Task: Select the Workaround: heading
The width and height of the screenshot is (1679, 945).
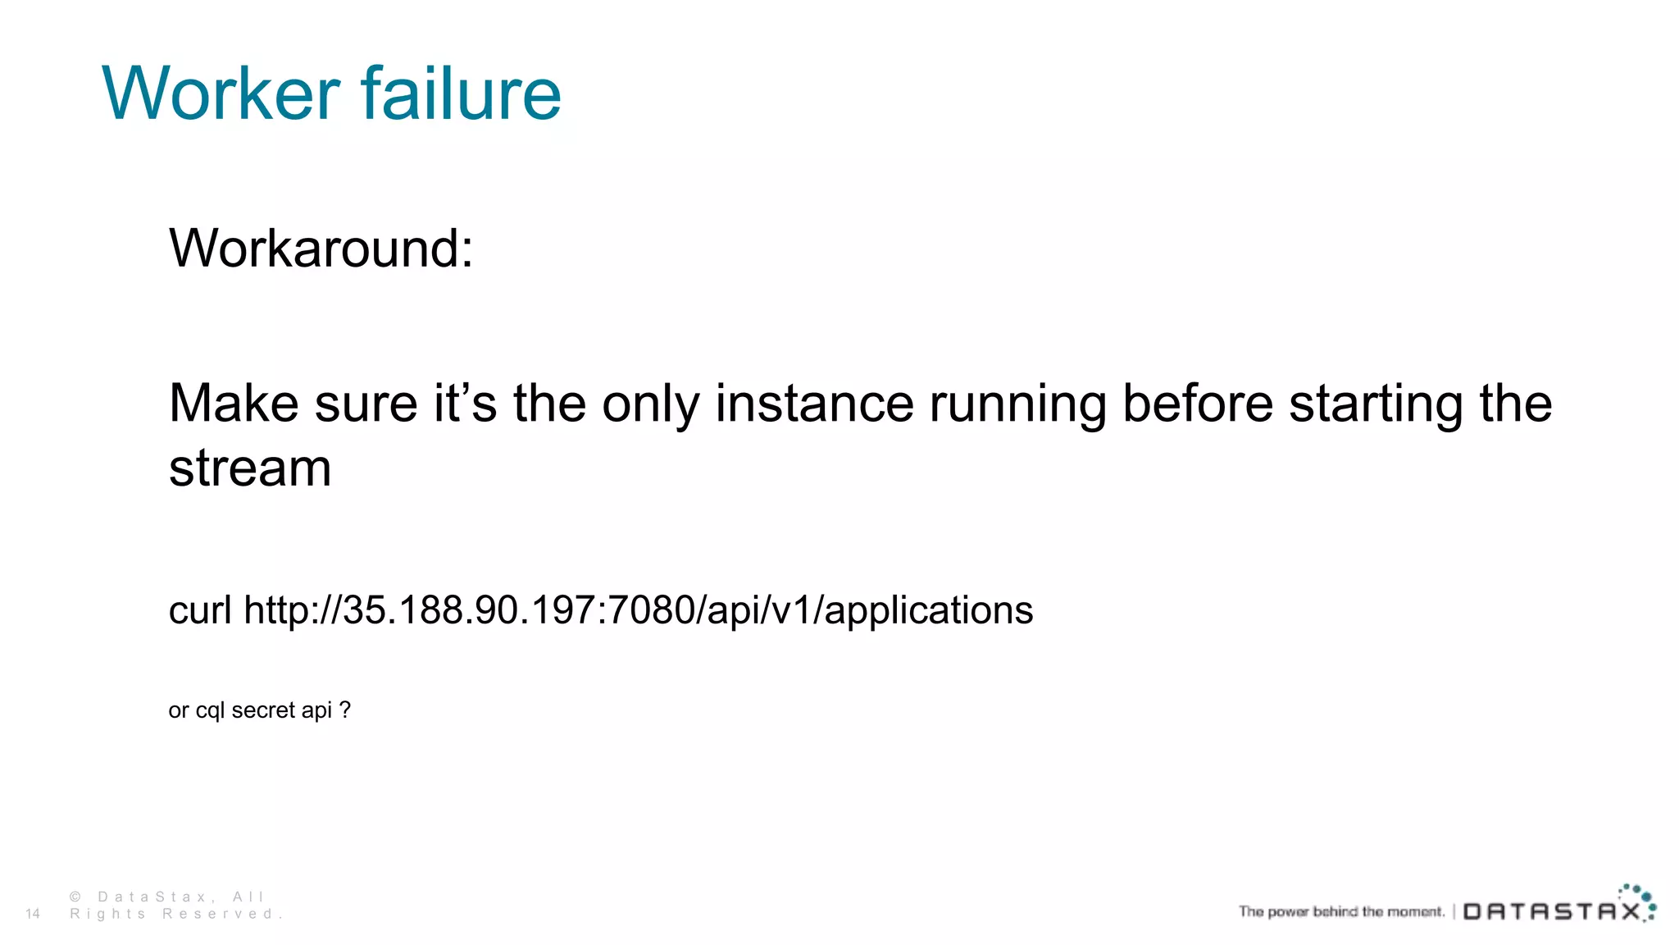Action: click(321, 248)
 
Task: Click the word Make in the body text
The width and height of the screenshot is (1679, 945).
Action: click(234, 404)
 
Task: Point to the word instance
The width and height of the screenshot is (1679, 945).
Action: click(814, 404)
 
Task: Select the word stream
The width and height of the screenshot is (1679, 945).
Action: click(250, 468)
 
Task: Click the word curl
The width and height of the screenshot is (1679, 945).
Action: click(200, 610)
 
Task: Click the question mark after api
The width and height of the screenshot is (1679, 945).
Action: click(345, 710)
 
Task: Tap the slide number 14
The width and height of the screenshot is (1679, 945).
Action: click(33, 914)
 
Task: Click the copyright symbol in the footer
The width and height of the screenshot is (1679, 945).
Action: click(75, 897)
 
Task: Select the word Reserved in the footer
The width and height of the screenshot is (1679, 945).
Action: click(217, 914)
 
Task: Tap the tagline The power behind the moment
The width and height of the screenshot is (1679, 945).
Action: click(1341, 911)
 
